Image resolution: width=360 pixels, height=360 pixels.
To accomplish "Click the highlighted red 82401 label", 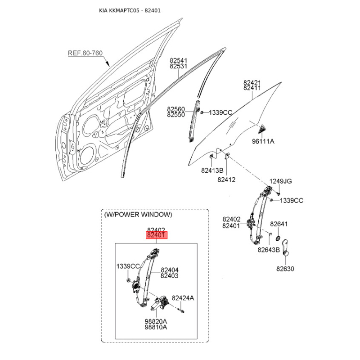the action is [x=157, y=235].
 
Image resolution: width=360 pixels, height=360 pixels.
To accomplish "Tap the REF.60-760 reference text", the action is [x=85, y=53].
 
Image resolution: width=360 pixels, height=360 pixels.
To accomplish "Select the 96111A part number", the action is [x=263, y=141].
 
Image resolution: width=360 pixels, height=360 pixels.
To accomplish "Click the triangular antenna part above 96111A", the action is [x=262, y=129].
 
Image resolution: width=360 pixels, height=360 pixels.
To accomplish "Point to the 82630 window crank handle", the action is [x=285, y=247].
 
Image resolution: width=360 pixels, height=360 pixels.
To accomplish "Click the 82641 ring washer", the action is [x=278, y=238].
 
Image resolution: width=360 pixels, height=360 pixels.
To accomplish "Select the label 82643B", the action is [x=269, y=250].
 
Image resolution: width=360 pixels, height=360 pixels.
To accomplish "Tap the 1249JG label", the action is [x=280, y=181].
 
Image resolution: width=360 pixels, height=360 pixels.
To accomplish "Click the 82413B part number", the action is [x=212, y=171].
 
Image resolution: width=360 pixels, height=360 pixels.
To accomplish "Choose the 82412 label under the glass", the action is [x=226, y=180].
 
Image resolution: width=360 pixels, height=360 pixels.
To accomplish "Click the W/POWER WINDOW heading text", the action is [x=138, y=215].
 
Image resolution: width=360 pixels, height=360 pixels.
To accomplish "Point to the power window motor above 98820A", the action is [x=160, y=302].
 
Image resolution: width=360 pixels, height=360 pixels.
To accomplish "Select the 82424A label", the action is [x=183, y=298].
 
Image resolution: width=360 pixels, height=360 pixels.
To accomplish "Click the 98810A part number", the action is [x=156, y=327].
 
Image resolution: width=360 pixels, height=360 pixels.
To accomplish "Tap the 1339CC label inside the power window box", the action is [x=128, y=266].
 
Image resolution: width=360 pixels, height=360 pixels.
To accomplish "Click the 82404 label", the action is [x=170, y=270].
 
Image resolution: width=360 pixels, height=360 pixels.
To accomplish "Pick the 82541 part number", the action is [x=179, y=60].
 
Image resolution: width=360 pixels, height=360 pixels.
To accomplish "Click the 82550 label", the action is [x=176, y=115].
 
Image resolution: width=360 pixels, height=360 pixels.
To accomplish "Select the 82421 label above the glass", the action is [x=252, y=82].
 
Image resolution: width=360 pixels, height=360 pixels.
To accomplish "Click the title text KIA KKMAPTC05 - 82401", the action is [x=130, y=10].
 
